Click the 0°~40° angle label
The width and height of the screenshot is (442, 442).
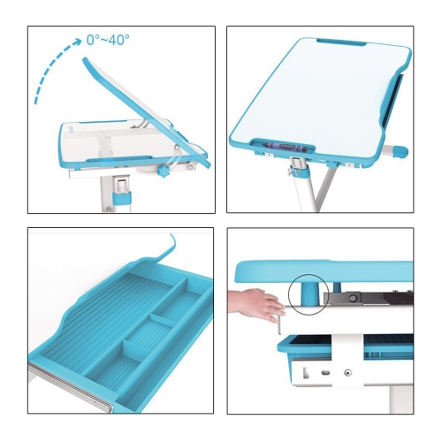tap(108, 40)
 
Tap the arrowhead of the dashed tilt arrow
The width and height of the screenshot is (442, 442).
tap(77, 42)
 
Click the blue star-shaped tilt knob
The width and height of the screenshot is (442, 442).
tap(163, 171)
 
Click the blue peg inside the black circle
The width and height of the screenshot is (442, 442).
tap(309, 293)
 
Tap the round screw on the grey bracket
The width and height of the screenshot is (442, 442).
tap(352, 298)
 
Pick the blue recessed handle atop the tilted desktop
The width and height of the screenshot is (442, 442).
tap(342, 42)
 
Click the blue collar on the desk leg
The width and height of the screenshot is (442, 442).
tap(121, 197)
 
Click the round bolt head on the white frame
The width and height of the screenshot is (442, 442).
tap(348, 373)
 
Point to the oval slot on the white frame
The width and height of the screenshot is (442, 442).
tap(325, 373)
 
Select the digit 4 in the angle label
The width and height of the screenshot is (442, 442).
tap(112, 40)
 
